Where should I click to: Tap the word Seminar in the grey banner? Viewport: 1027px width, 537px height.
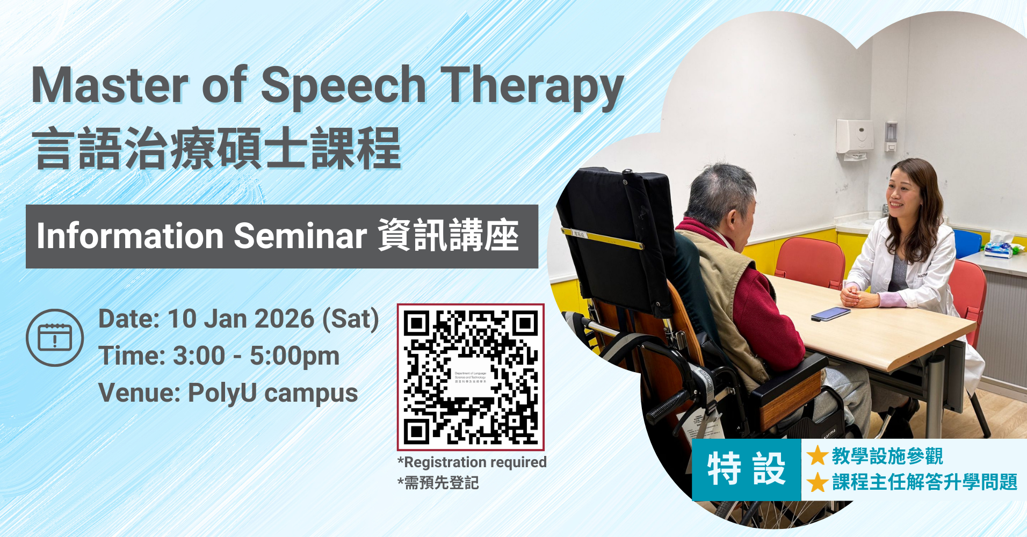pyautogui.click(x=300, y=236)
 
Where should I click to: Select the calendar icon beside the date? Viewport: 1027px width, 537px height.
pyautogui.click(x=55, y=338)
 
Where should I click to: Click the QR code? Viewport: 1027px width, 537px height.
pyautogui.click(x=471, y=377)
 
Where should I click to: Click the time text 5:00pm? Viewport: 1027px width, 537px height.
pyautogui.click(x=294, y=356)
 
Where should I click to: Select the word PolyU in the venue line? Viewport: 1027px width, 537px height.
pyautogui.click(x=222, y=393)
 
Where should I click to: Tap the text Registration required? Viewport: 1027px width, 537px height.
pyautogui.click(x=475, y=462)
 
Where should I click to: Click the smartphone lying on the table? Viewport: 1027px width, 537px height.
pyautogui.click(x=830, y=314)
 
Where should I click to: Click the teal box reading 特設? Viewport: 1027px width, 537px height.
pyautogui.click(x=746, y=469)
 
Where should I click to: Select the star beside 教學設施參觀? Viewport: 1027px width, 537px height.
pyautogui.click(x=817, y=456)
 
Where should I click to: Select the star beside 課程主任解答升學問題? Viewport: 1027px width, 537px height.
pyautogui.click(x=817, y=482)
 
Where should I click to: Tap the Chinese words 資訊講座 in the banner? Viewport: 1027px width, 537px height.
pyautogui.click(x=448, y=236)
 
